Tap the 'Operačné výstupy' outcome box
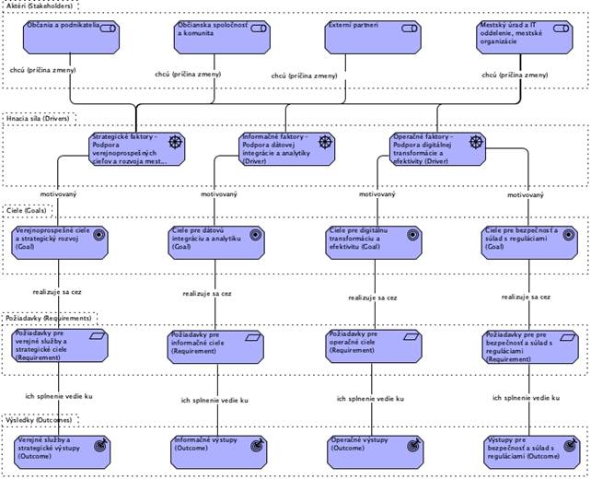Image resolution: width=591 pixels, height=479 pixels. click(373, 448)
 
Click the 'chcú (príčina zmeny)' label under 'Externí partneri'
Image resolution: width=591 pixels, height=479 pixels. click(304, 76)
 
